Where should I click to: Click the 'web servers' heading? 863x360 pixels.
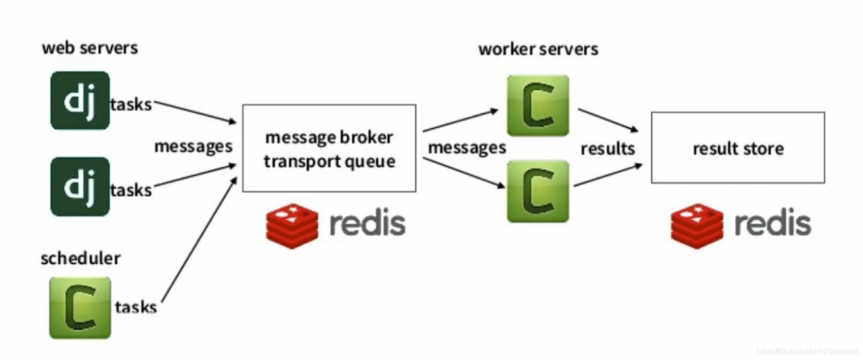90,49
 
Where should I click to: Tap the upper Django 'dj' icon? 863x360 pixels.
80,100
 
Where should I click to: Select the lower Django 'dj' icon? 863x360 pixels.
80,187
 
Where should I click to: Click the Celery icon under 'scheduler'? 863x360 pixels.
80,307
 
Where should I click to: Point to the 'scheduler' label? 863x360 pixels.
80,259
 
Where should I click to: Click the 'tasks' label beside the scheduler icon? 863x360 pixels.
136,307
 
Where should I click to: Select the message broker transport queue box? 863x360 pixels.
329,148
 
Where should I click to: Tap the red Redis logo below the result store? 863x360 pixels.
696,224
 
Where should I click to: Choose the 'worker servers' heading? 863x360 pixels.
538,49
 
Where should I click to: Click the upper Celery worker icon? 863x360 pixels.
537,105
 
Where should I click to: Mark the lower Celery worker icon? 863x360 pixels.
537,191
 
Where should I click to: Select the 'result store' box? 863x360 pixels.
738,148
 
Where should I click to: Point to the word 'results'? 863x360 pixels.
607,148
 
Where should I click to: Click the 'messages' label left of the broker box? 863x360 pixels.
194,146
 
